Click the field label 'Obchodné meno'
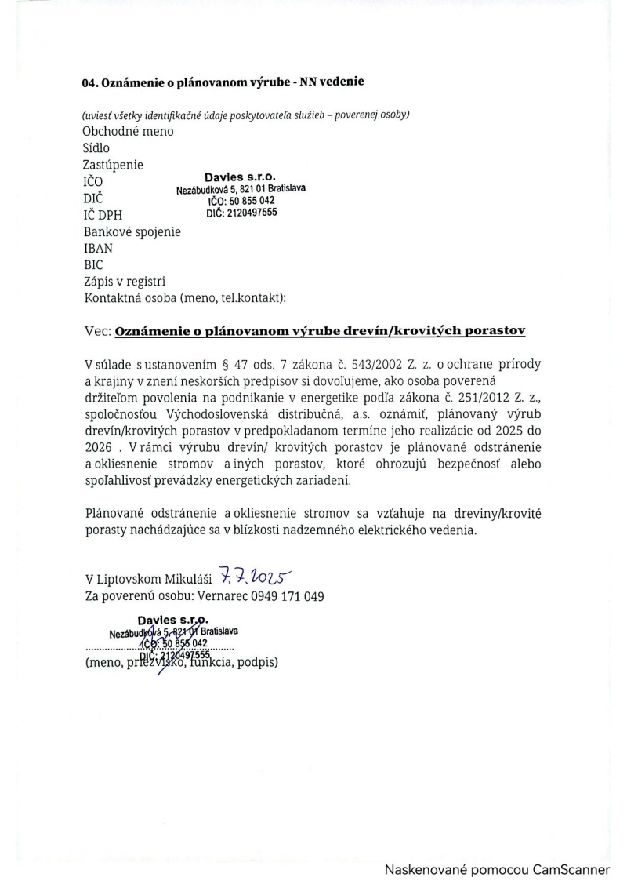(128, 131)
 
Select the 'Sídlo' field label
(96, 147)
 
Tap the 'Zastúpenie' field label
(113, 165)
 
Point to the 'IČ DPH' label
(103, 215)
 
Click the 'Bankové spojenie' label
(132, 231)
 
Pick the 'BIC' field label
(92, 265)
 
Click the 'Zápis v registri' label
(124, 282)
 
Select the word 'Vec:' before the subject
(97, 331)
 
